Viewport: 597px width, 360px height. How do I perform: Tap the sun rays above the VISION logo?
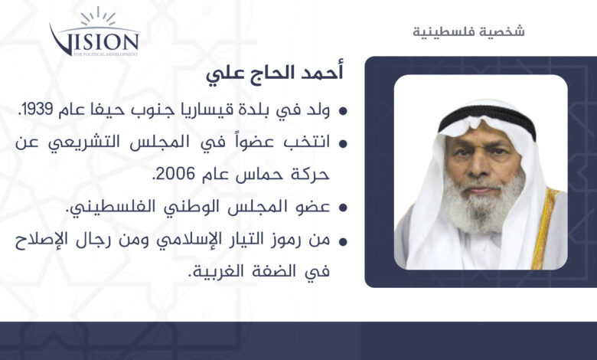tap(98, 17)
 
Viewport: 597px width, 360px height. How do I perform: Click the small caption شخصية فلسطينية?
tap(468, 31)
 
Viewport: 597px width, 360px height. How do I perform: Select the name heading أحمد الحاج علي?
tap(275, 72)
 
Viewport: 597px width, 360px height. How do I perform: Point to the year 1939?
tap(35, 110)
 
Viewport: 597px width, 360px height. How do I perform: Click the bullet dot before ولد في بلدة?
tap(343, 111)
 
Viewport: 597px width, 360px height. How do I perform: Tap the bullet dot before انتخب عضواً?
tap(343, 144)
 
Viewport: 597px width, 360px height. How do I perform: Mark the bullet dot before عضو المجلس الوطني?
tap(343, 208)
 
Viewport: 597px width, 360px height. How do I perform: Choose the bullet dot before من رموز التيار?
tap(343, 241)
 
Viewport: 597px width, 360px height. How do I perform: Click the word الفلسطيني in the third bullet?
tap(99, 208)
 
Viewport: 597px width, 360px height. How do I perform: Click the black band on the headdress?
tap(488, 116)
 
